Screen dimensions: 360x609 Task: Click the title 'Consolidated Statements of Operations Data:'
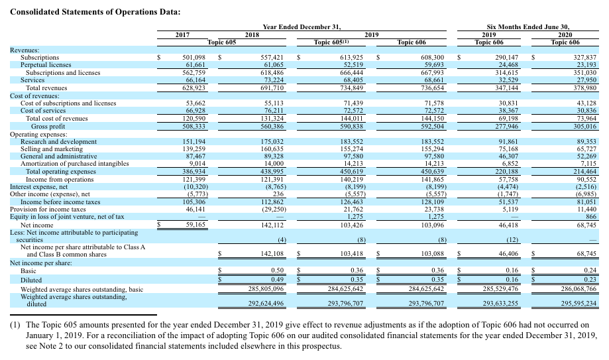[95, 11]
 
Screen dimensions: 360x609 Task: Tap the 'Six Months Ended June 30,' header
[528, 27]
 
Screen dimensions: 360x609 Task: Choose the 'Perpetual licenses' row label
[47, 65]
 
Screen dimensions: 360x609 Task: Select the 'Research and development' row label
[60, 142]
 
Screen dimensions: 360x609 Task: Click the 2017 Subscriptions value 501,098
[197, 58]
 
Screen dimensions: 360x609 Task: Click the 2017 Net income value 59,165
[197, 225]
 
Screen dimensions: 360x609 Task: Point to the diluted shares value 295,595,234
[573, 303]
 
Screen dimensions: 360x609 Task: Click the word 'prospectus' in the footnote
[319, 346]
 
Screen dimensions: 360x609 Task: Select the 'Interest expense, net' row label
[42, 186]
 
